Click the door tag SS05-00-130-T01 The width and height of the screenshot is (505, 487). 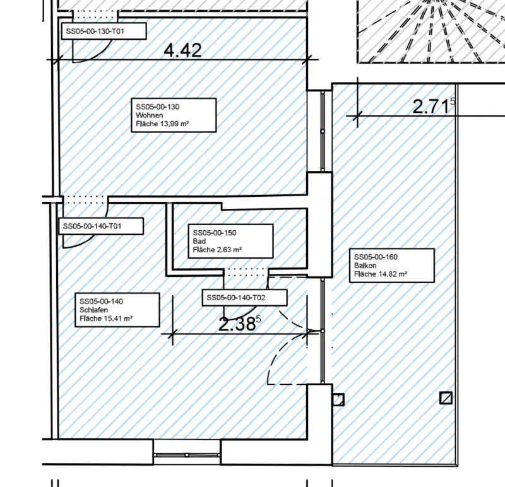coord(104,31)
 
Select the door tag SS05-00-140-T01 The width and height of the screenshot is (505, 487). coord(100,226)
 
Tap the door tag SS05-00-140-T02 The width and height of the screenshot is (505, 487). coord(245,298)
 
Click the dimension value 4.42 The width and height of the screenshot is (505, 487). coord(182,50)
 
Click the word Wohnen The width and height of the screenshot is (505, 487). coord(150,116)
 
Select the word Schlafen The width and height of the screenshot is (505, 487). coord(94,310)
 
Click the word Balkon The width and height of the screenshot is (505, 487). coord(365,266)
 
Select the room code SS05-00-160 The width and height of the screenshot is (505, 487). coord(376,257)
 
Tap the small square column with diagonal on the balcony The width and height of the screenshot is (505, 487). coord(447,397)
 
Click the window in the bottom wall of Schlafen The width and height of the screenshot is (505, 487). coord(187,454)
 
